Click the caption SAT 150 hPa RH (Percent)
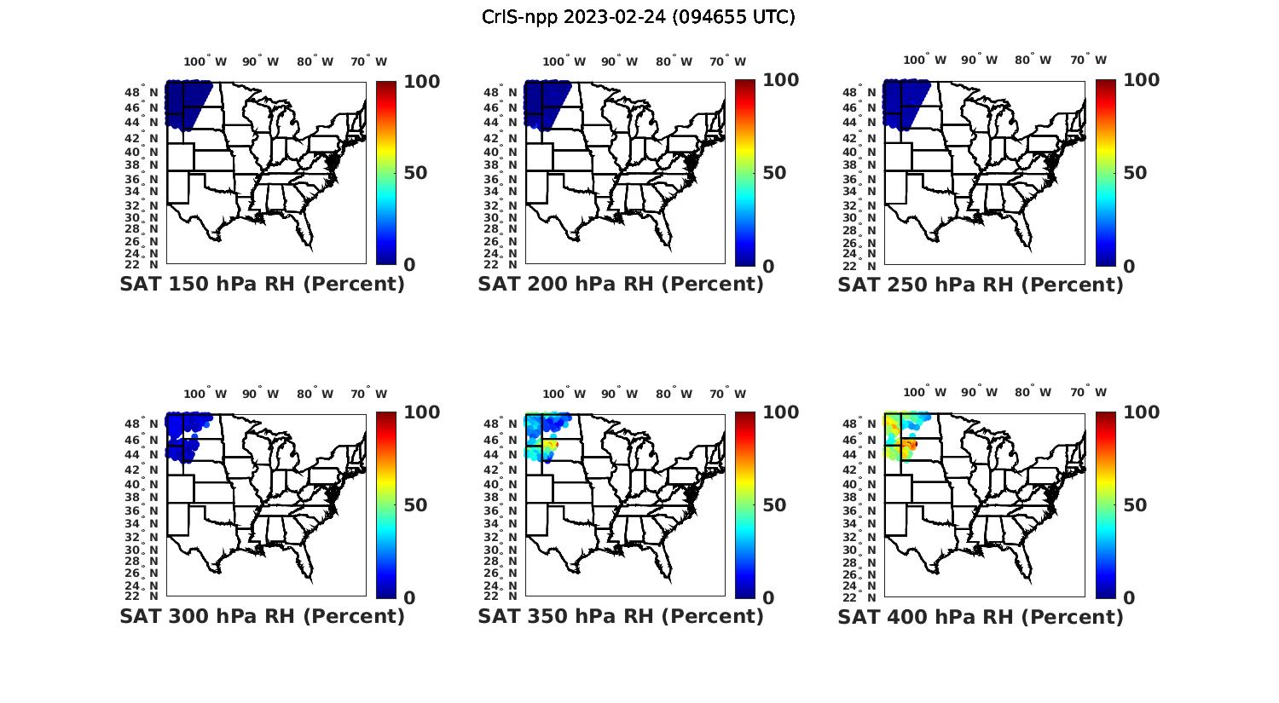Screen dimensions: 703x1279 click(262, 285)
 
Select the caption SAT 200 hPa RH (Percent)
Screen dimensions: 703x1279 click(621, 285)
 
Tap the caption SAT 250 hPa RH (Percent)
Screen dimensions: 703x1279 click(981, 285)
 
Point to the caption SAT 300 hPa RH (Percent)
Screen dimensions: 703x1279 click(262, 616)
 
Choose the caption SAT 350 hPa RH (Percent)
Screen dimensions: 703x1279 click(621, 616)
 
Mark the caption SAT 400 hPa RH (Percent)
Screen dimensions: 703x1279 click(981, 616)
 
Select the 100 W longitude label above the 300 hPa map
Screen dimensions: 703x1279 click(205, 394)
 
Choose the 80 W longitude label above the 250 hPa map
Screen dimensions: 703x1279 click(1033, 61)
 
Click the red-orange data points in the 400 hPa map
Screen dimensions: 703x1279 click(911, 444)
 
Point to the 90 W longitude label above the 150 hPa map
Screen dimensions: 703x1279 click(260, 61)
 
